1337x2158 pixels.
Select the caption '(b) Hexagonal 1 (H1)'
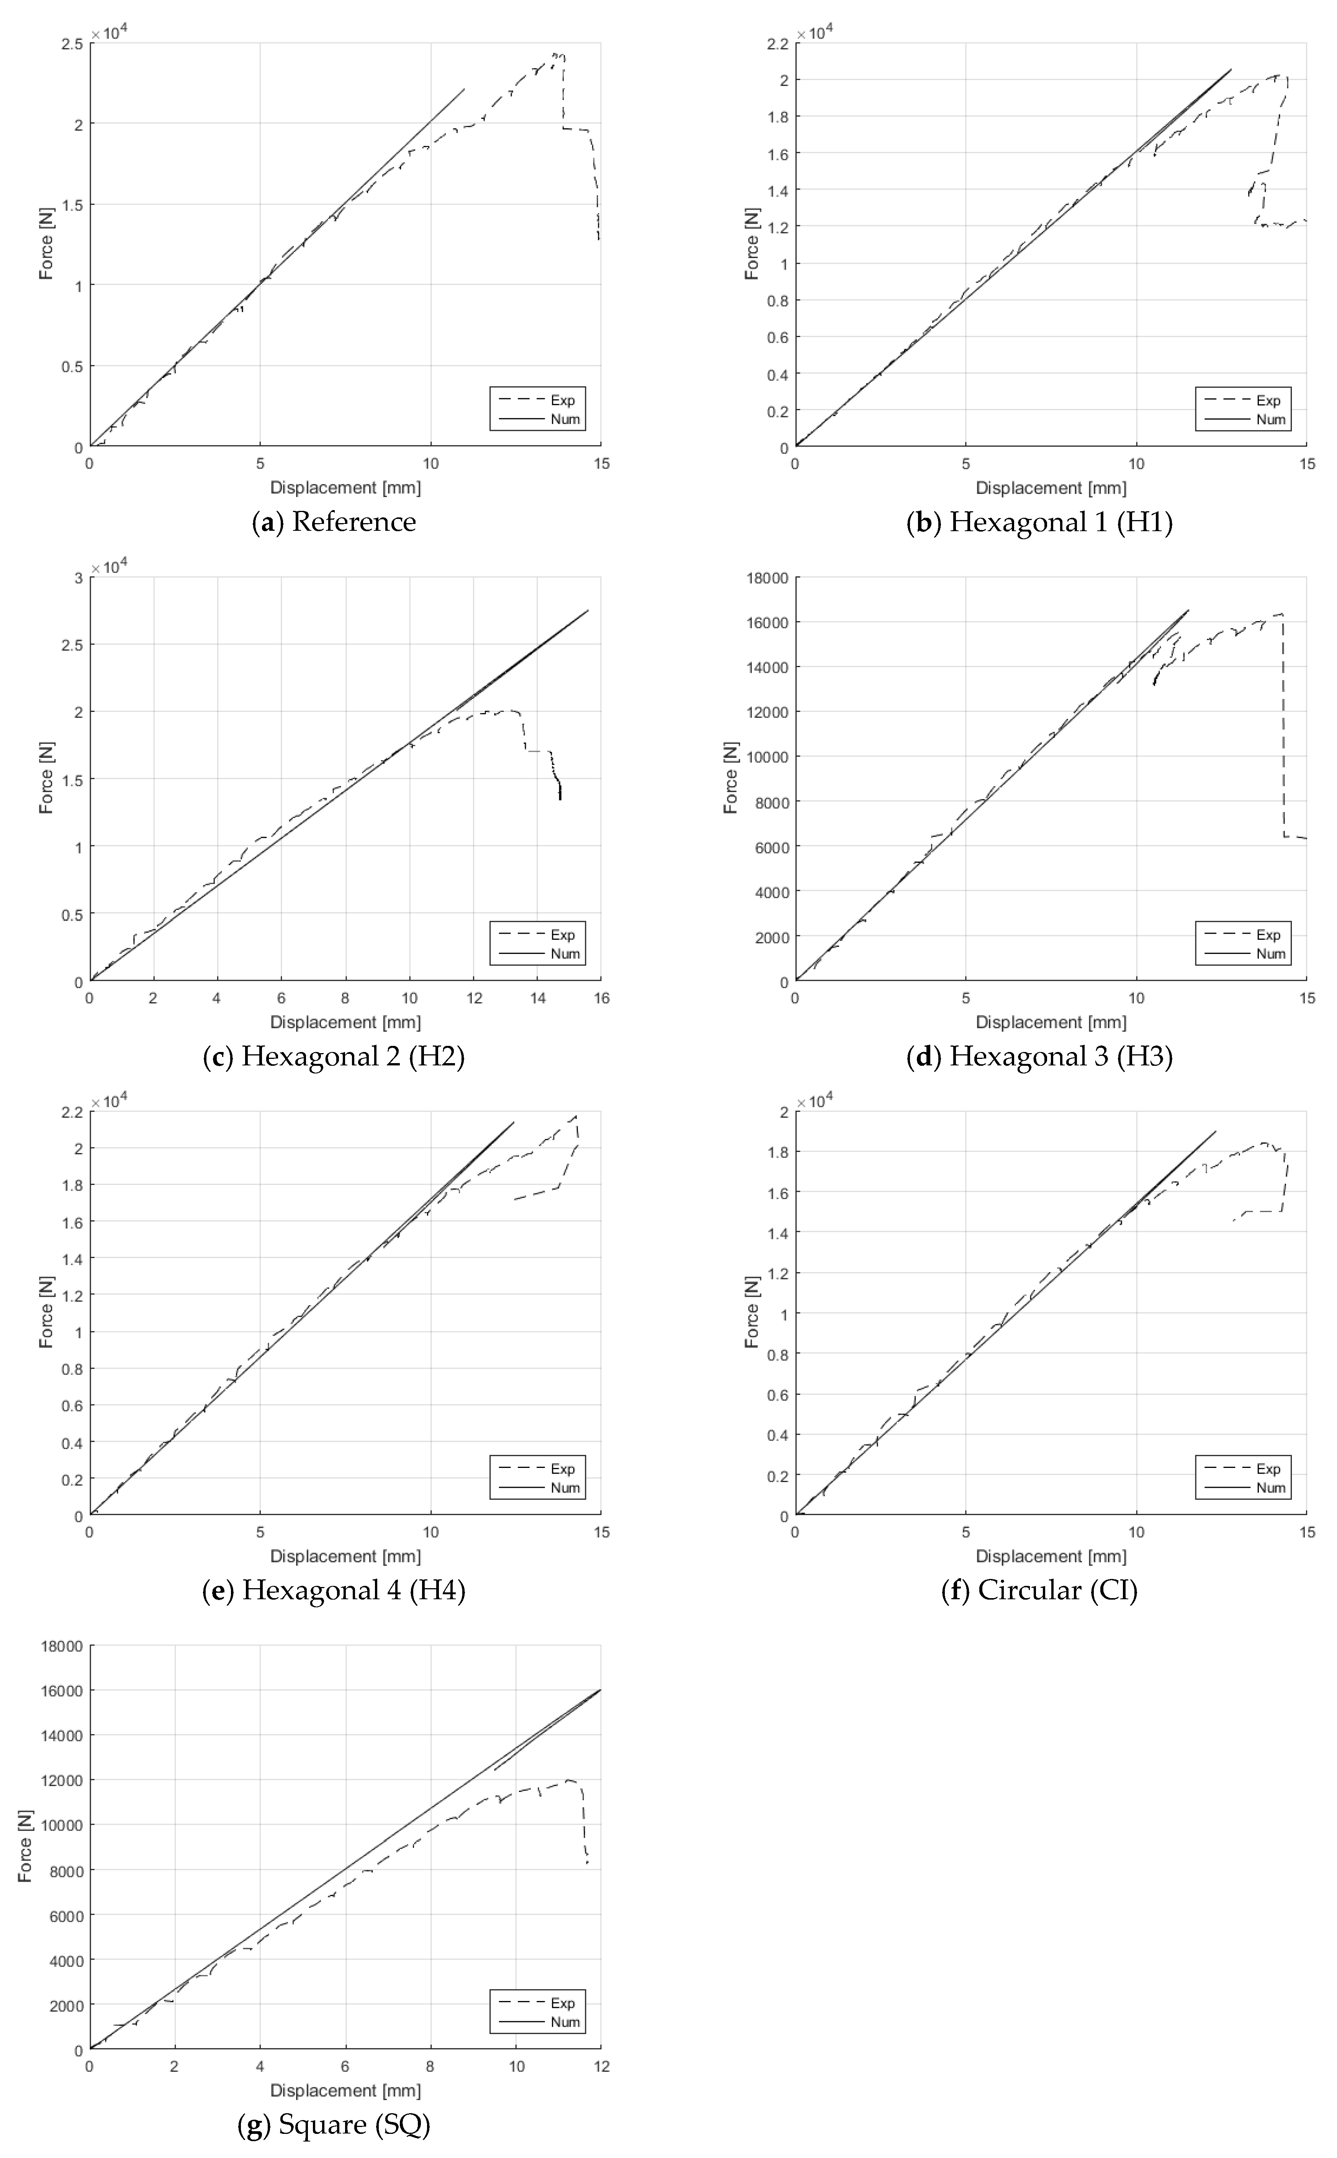[x=1040, y=522]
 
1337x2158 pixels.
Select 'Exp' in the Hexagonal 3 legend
[x=1268, y=934]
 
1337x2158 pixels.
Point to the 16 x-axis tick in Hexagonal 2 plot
[x=601, y=998]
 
